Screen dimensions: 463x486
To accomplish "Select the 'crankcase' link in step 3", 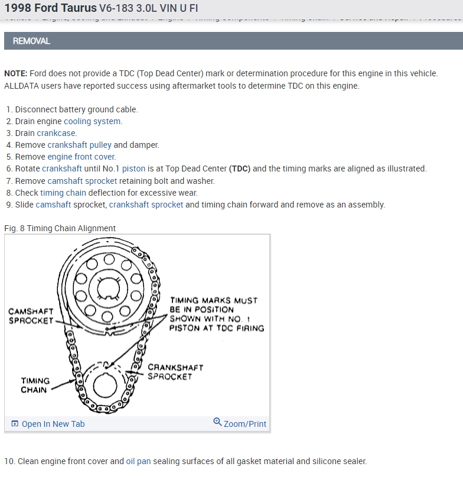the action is (57, 133).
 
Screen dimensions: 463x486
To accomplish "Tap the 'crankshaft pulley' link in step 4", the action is (80, 145).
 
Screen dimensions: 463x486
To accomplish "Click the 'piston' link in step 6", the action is (135, 169).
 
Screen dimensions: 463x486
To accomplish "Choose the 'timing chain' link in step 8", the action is (63, 193).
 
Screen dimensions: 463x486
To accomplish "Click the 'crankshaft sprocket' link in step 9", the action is (146, 205).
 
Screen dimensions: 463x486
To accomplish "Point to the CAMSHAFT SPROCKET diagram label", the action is (31, 316).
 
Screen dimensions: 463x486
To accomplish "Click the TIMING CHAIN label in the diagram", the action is (35, 385).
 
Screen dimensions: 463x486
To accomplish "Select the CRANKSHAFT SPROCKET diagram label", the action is (175, 371).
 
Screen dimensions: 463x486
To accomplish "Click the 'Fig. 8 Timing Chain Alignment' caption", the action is (60, 228).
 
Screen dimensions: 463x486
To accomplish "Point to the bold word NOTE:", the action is (15, 73).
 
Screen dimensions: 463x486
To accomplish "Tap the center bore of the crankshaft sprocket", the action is (104, 385).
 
